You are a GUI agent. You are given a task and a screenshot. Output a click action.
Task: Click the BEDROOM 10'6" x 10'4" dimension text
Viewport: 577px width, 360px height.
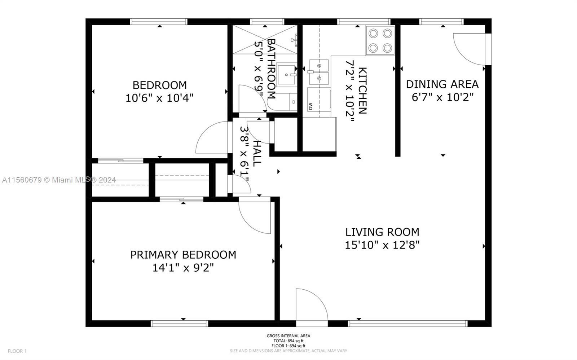pos(159,98)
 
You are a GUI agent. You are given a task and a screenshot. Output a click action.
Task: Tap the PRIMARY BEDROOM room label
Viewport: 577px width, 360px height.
pos(183,255)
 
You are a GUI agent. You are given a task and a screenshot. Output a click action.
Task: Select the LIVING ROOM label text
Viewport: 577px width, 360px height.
pos(382,232)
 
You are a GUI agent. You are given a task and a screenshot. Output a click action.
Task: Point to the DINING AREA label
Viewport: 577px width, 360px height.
pos(442,84)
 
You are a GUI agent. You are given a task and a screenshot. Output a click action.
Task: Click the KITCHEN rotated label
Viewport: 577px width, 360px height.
pos(362,91)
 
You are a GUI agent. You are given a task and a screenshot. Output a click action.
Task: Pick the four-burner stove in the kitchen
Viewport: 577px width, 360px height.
pos(380,40)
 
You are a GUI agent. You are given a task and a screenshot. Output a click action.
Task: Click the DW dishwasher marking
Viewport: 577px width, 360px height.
pos(310,106)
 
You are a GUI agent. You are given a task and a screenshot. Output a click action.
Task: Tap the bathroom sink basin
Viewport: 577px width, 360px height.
pos(286,75)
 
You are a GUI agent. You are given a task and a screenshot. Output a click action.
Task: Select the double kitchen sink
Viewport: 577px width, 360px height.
pos(319,72)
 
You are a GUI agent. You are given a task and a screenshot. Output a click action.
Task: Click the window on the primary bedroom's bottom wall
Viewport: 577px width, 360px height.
pos(180,324)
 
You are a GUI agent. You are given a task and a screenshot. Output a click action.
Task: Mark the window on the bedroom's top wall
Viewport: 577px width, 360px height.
pos(159,22)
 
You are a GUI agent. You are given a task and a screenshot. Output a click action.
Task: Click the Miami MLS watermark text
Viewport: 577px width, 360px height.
pos(59,180)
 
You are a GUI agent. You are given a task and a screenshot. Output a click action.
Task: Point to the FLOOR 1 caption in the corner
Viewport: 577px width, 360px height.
pos(17,351)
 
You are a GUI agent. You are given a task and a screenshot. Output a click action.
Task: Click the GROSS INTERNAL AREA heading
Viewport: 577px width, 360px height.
pos(288,336)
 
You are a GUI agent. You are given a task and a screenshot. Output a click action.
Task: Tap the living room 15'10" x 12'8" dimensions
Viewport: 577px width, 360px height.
pos(382,245)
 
